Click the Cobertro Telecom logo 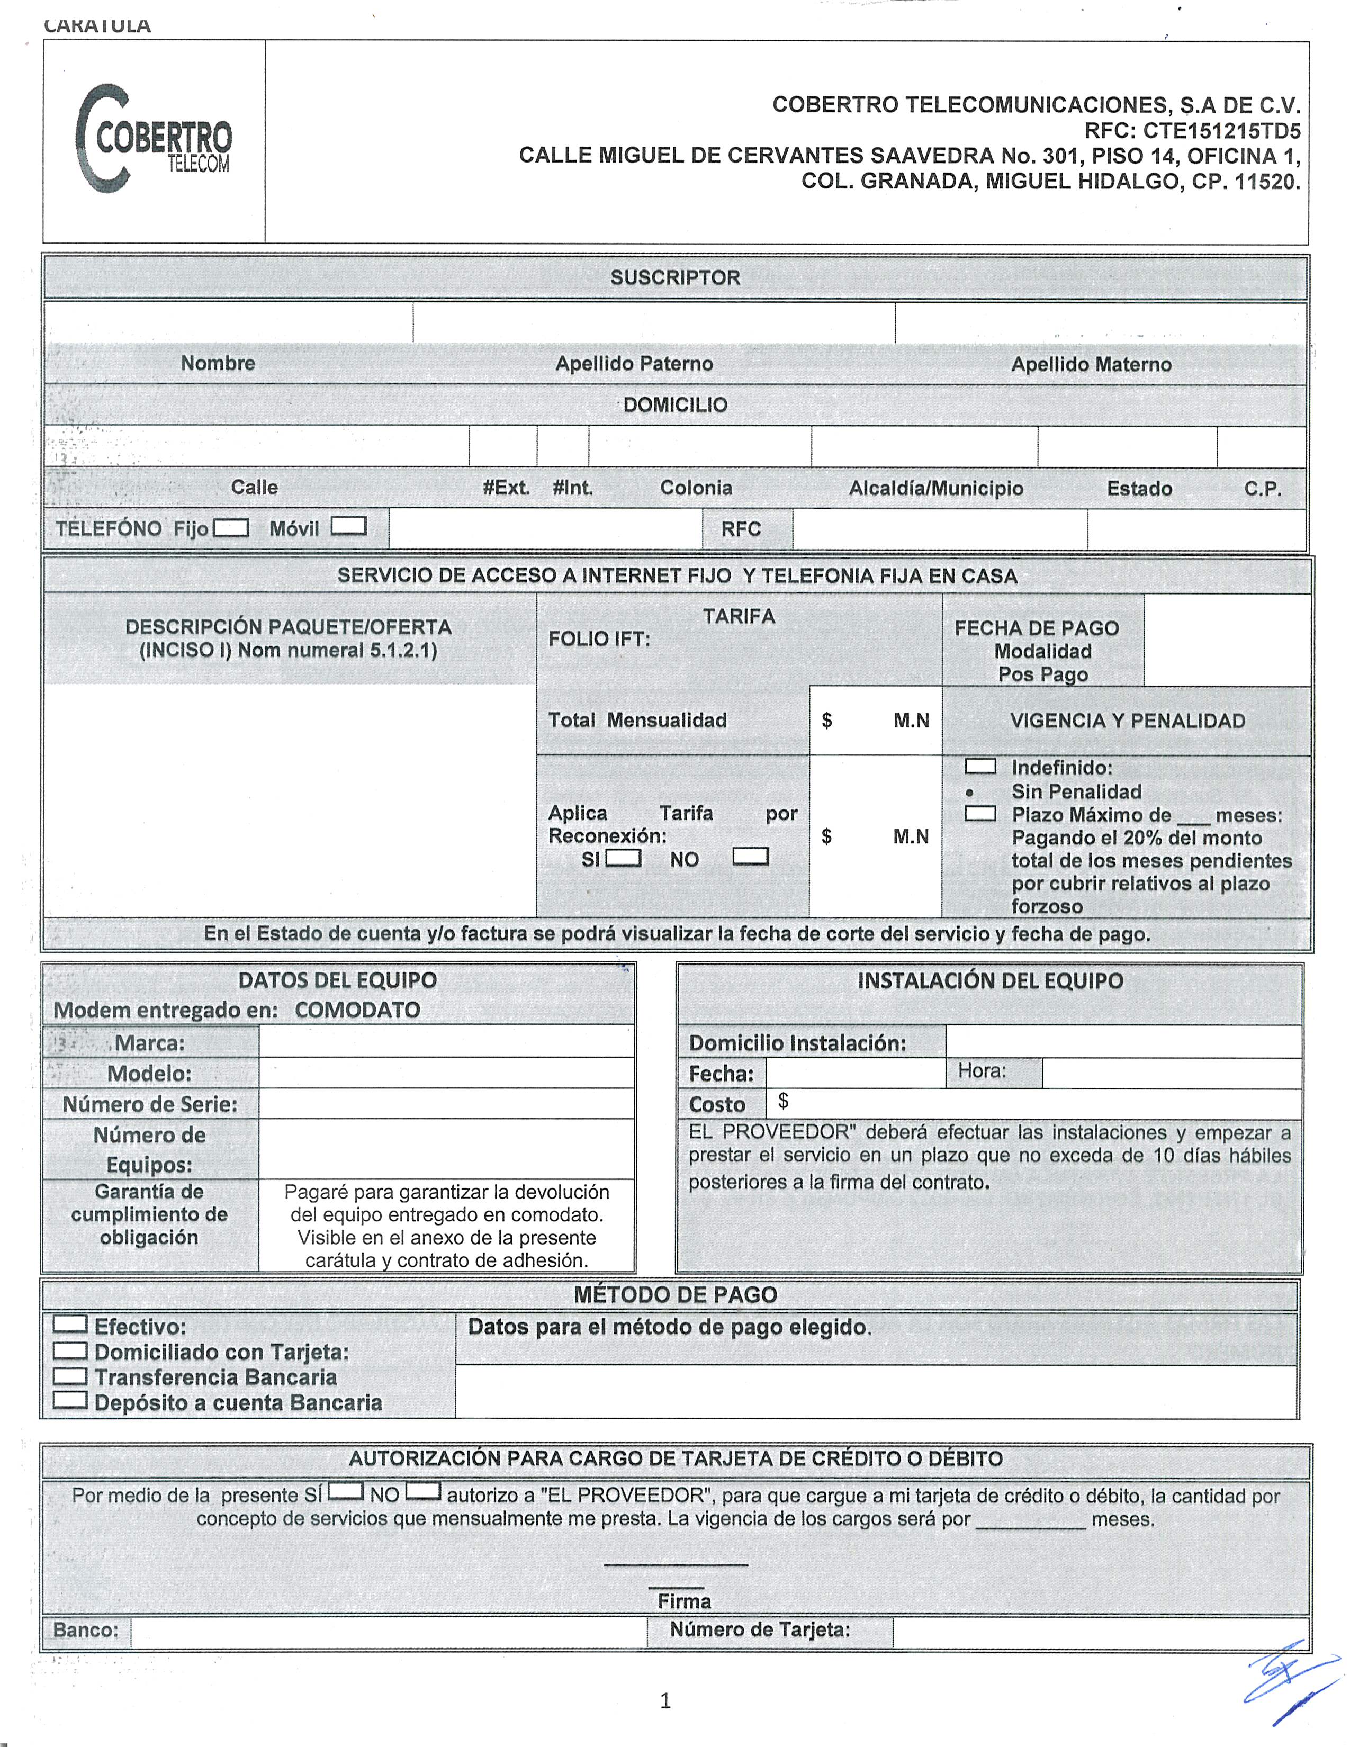pos(153,140)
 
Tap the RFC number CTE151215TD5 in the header pos(1221,130)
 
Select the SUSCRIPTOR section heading pos(675,277)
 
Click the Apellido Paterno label pos(633,364)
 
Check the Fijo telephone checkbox pos(231,528)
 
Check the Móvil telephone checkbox pos(349,526)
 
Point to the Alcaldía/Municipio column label pos(935,488)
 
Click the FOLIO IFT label pos(599,639)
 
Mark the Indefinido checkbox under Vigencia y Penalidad pos(980,767)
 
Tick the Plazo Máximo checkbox pos(980,814)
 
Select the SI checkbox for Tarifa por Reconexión pos(624,858)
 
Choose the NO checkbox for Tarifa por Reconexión pos(750,857)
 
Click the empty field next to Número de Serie pos(446,1104)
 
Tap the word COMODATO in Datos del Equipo pos(357,1010)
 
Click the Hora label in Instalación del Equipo pos(982,1071)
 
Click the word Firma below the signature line pos(684,1600)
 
